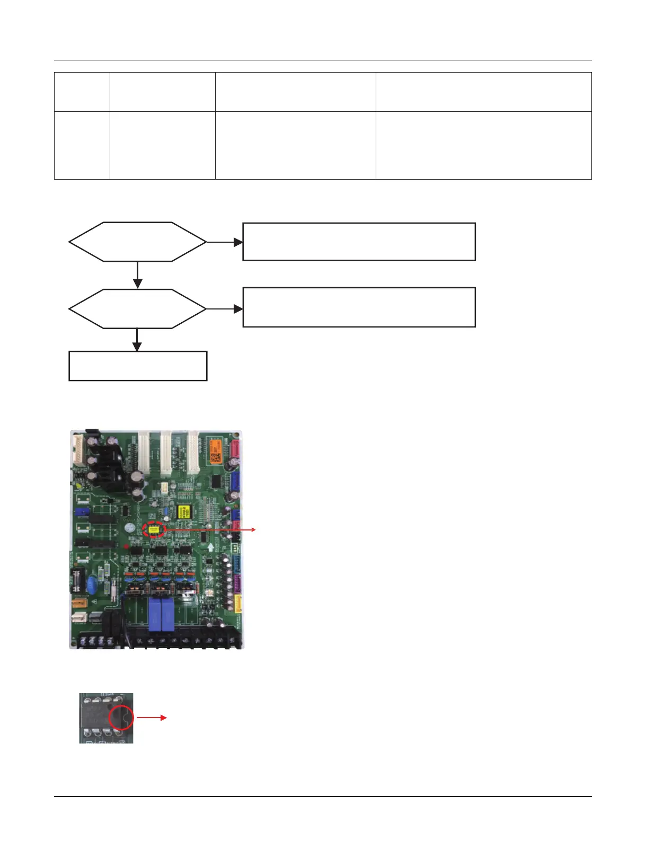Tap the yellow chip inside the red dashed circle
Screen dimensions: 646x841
[x=154, y=529]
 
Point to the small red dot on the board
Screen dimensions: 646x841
[x=126, y=546]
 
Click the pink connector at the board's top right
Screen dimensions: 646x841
[x=235, y=450]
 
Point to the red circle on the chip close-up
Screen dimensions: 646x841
[x=121, y=718]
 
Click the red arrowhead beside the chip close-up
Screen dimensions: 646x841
[x=164, y=718]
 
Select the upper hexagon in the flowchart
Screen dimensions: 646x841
[x=137, y=242]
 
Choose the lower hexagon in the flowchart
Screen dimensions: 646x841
[x=137, y=308]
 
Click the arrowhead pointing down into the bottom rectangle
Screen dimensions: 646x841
[x=137, y=347]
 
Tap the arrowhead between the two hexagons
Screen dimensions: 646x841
[x=137, y=285]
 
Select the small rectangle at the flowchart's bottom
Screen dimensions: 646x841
[x=138, y=366]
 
